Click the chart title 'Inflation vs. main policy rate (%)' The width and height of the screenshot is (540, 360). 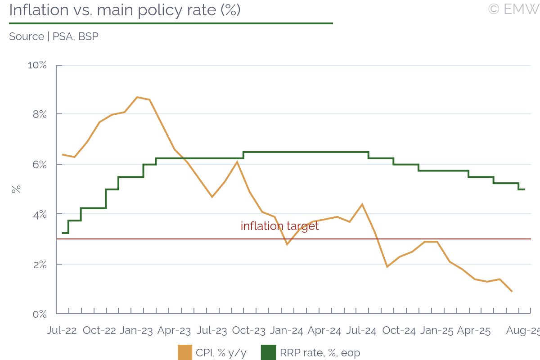[x=125, y=10]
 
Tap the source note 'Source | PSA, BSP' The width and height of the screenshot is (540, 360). [x=54, y=36]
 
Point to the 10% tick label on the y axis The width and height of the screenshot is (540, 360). [x=37, y=65]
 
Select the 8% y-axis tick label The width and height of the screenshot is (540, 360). [x=39, y=115]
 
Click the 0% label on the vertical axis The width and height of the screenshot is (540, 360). [x=39, y=314]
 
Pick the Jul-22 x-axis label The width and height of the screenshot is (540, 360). [x=62, y=331]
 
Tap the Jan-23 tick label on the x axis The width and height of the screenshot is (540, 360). [x=136, y=331]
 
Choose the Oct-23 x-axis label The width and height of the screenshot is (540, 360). [x=248, y=331]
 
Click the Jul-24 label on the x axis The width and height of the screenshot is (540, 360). [x=361, y=331]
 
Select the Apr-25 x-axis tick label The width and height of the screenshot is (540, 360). [x=473, y=331]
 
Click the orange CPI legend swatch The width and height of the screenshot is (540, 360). [x=185, y=353]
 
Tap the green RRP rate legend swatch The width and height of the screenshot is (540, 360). [x=268, y=353]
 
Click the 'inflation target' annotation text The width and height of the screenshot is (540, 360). [x=279, y=226]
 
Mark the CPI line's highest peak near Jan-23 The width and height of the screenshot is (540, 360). [x=137, y=97]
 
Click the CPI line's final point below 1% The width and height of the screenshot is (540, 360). [x=512, y=291]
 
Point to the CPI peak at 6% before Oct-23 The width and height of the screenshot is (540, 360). [x=237, y=162]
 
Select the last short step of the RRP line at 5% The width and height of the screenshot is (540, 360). [x=522, y=189]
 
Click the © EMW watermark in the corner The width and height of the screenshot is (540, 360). [x=513, y=9]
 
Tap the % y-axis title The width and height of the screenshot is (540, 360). [x=16, y=189]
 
